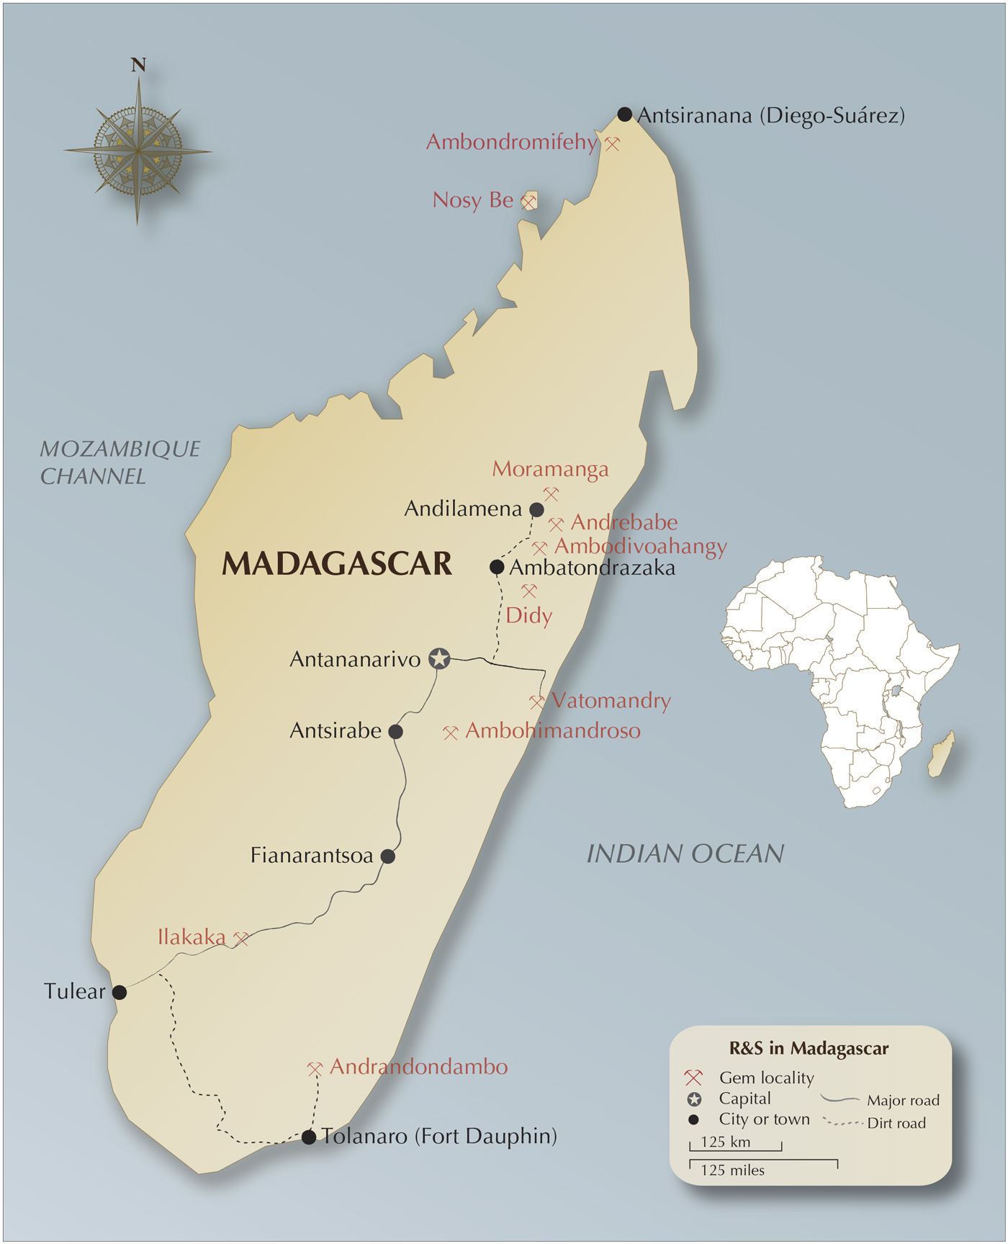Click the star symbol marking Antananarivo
439,658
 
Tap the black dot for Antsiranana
625,115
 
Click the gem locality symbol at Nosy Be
529,202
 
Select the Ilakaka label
192,937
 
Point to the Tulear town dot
120,993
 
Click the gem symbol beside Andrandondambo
315,1069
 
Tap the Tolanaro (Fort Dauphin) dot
309,1137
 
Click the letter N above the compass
138,66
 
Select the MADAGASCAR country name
337,564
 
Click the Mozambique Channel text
120,462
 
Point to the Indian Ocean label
685,854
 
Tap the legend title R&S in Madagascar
809,1049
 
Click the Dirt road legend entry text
896,1124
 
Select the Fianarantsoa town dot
388,856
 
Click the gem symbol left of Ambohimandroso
451,733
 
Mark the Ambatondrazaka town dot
497,567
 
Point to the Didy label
528,616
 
